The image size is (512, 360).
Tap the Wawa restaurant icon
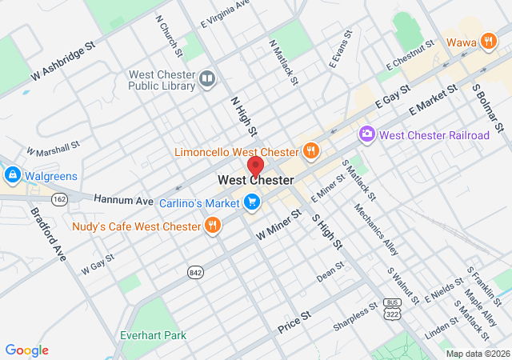(x=487, y=41)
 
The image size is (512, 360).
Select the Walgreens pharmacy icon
(x=12, y=174)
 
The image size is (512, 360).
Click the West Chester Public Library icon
(x=207, y=78)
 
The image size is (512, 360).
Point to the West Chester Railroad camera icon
(x=367, y=134)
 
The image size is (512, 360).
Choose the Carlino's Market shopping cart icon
(x=252, y=202)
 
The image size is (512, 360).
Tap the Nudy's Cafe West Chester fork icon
(x=212, y=226)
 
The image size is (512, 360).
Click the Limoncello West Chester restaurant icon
(x=310, y=150)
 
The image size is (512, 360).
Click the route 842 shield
(x=195, y=273)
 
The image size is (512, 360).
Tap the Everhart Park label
(x=153, y=335)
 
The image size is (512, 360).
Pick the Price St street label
(x=293, y=326)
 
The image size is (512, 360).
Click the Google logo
(x=26, y=350)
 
